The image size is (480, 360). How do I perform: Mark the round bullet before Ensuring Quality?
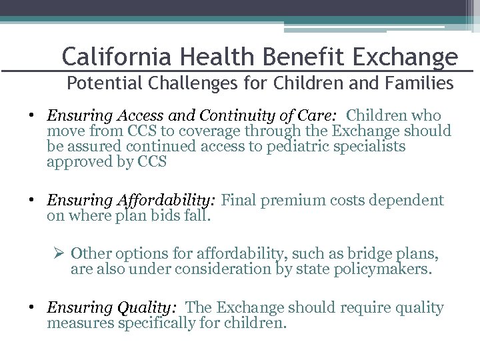click(33, 308)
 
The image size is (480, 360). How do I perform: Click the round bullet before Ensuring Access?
click(33, 115)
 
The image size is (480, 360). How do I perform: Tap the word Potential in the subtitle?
click(95, 85)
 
